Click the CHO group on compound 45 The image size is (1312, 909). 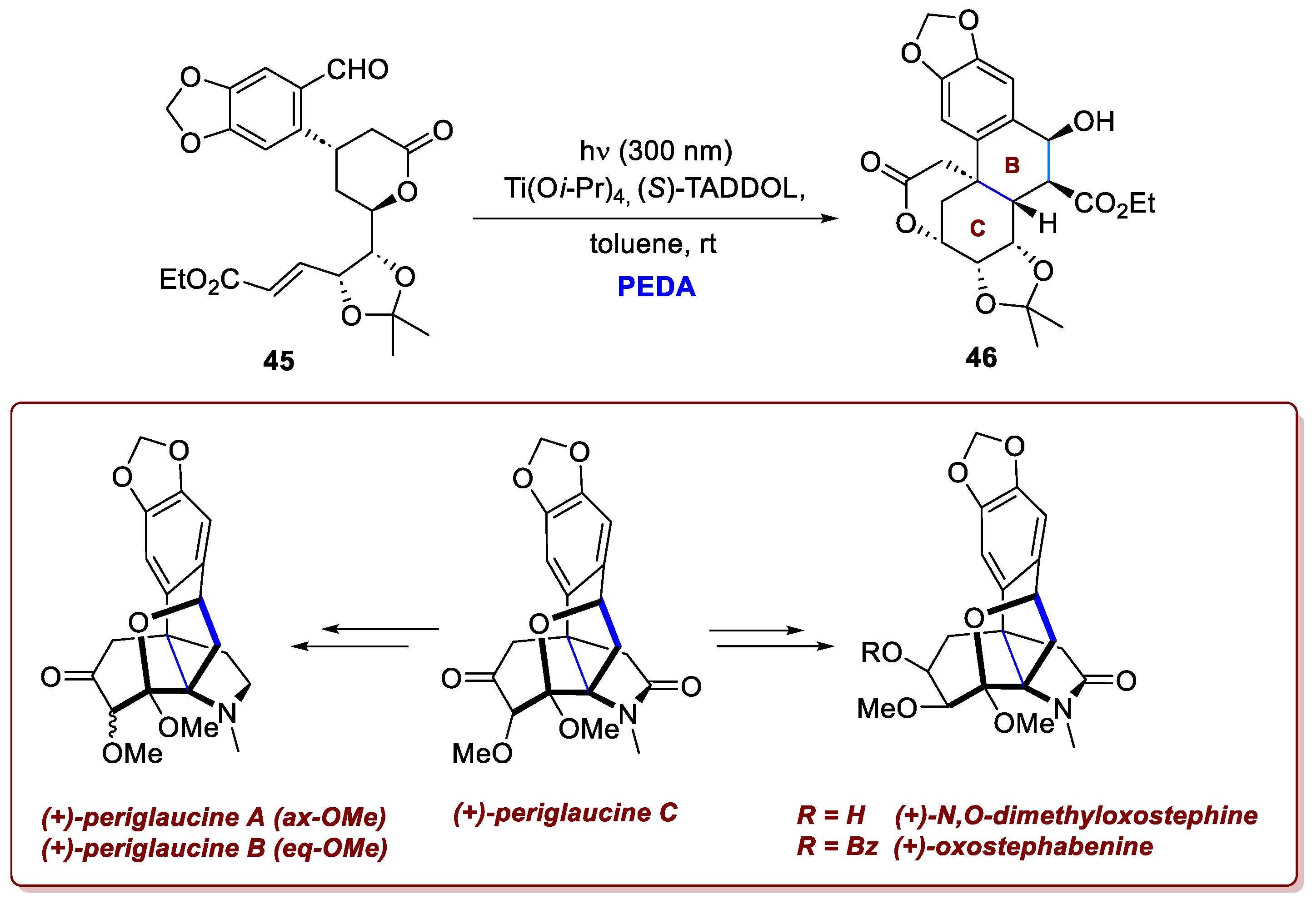click(357, 70)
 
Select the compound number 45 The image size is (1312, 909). click(279, 361)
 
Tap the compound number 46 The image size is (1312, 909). click(981, 358)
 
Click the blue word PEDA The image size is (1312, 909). click(656, 287)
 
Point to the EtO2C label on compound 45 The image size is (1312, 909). click(199, 280)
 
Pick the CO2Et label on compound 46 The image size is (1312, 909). click(1114, 204)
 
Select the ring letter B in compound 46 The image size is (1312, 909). click(1012, 165)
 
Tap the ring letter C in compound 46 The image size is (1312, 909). click(978, 228)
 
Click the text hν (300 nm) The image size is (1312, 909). click(656, 151)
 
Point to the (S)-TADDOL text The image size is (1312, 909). click(721, 189)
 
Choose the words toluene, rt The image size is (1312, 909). click(653, 244)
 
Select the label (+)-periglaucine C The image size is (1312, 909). click(565, 813)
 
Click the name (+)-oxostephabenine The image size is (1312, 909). click(1023, 847)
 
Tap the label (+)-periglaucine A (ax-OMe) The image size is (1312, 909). click(214, 817)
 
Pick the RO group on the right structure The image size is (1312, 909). click(881, 653)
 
